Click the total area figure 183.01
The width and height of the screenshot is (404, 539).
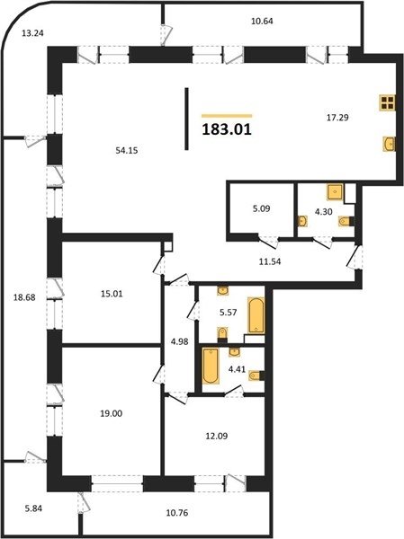click(x=227, y=129)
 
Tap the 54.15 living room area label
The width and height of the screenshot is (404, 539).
click(x=127, y=150)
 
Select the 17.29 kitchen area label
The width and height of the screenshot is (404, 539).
click(x=337, y=118)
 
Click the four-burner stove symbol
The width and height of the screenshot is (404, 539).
click(x=388, y=102)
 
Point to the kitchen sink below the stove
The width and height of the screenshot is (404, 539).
click(x=390, y=144)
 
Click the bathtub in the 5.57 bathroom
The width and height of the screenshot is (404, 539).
click(x=256, y=315)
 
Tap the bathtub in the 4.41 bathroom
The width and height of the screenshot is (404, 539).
click(x=211, y=366)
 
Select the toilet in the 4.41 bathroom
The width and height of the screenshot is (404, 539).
click(x=256, y=376)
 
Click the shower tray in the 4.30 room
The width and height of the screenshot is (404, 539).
click(x=335, y=192)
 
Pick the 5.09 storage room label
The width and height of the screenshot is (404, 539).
click(x=262, y=208)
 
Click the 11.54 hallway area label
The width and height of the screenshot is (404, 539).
click(x=270, y=261)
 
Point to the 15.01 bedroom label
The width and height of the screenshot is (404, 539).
click(x=112, y=294)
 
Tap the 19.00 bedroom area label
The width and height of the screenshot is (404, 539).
click(x=112, y=413)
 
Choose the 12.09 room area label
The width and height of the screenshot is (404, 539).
click(x=217, y=436)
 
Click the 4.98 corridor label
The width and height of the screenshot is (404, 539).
click(x=180, y=341)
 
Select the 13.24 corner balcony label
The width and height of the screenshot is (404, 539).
click(x=32, y=33)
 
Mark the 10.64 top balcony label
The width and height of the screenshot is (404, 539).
click(x=262, y=21)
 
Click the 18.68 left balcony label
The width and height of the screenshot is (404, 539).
click(x=24, y=297)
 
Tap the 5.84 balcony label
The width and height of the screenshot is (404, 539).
click(x=33, y=508)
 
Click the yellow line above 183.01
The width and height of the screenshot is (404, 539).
click(x=227, y=116)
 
